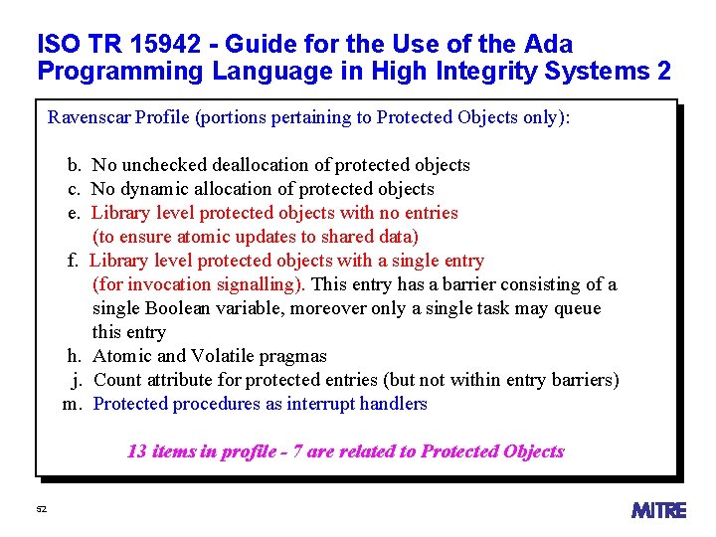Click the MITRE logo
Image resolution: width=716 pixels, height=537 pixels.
(658, 510)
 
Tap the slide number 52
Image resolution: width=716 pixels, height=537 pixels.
(41, 509)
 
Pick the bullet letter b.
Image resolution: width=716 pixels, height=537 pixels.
(74, 165)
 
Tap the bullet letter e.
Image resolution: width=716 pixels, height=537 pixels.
(74, 213)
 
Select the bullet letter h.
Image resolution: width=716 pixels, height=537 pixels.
(74, 356)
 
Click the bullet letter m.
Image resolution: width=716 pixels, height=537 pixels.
(71, 404)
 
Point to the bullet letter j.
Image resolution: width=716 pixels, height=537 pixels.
(76, 380)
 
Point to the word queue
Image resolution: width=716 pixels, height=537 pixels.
(578, 308)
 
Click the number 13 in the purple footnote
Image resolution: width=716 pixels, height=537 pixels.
(137, 451)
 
